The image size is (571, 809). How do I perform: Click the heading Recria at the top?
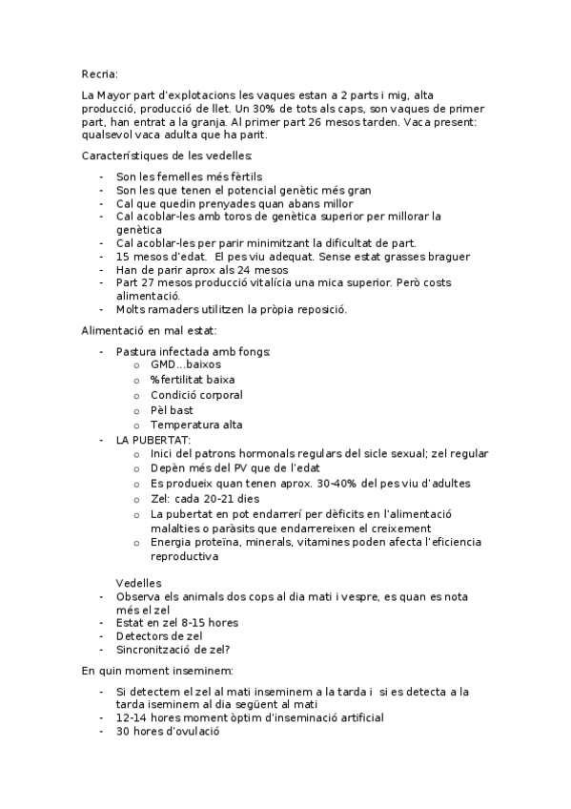100,72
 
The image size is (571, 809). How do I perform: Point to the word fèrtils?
243,176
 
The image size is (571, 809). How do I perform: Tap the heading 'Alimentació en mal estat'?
150,331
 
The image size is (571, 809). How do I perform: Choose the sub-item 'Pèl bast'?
172,410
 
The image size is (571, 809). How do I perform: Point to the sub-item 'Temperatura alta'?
196,425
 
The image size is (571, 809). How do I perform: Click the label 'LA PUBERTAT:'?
153,440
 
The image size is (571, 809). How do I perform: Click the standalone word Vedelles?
138,583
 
